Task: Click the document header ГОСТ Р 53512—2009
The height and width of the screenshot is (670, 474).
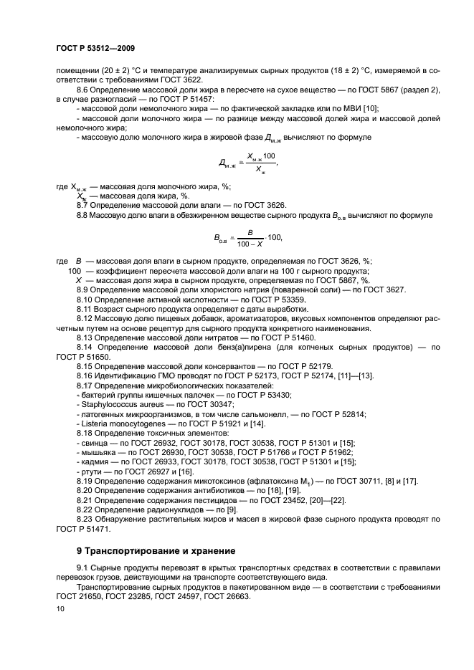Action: click(95, 48)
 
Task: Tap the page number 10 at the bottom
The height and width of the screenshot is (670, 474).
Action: click(60, 608)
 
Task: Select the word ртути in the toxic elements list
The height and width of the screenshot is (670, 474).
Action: click(90, 469)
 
